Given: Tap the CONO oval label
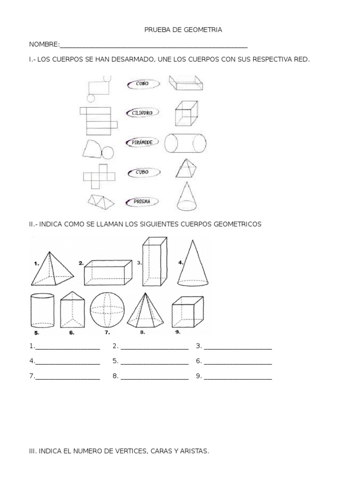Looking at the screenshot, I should pyautogui.click(x=143, y=84).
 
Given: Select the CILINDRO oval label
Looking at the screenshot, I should pyautogui.click(x=142, y=112).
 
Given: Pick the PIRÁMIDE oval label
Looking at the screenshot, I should pyautogui.click(x=142, y=142).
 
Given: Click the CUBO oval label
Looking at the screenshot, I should pyautogui.click(x=142, y=172).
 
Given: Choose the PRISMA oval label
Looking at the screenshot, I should pyautogui.click(x=142, y=202).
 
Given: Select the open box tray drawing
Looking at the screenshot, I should pyautogui.click(x=186, y=84).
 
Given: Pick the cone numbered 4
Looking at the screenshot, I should pyautogui.click(x=193, y=263).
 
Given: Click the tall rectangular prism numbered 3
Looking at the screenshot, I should pyautogui.click(x=154, y=261).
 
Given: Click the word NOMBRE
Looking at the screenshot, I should pyautogui.click(x=44, y=45).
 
